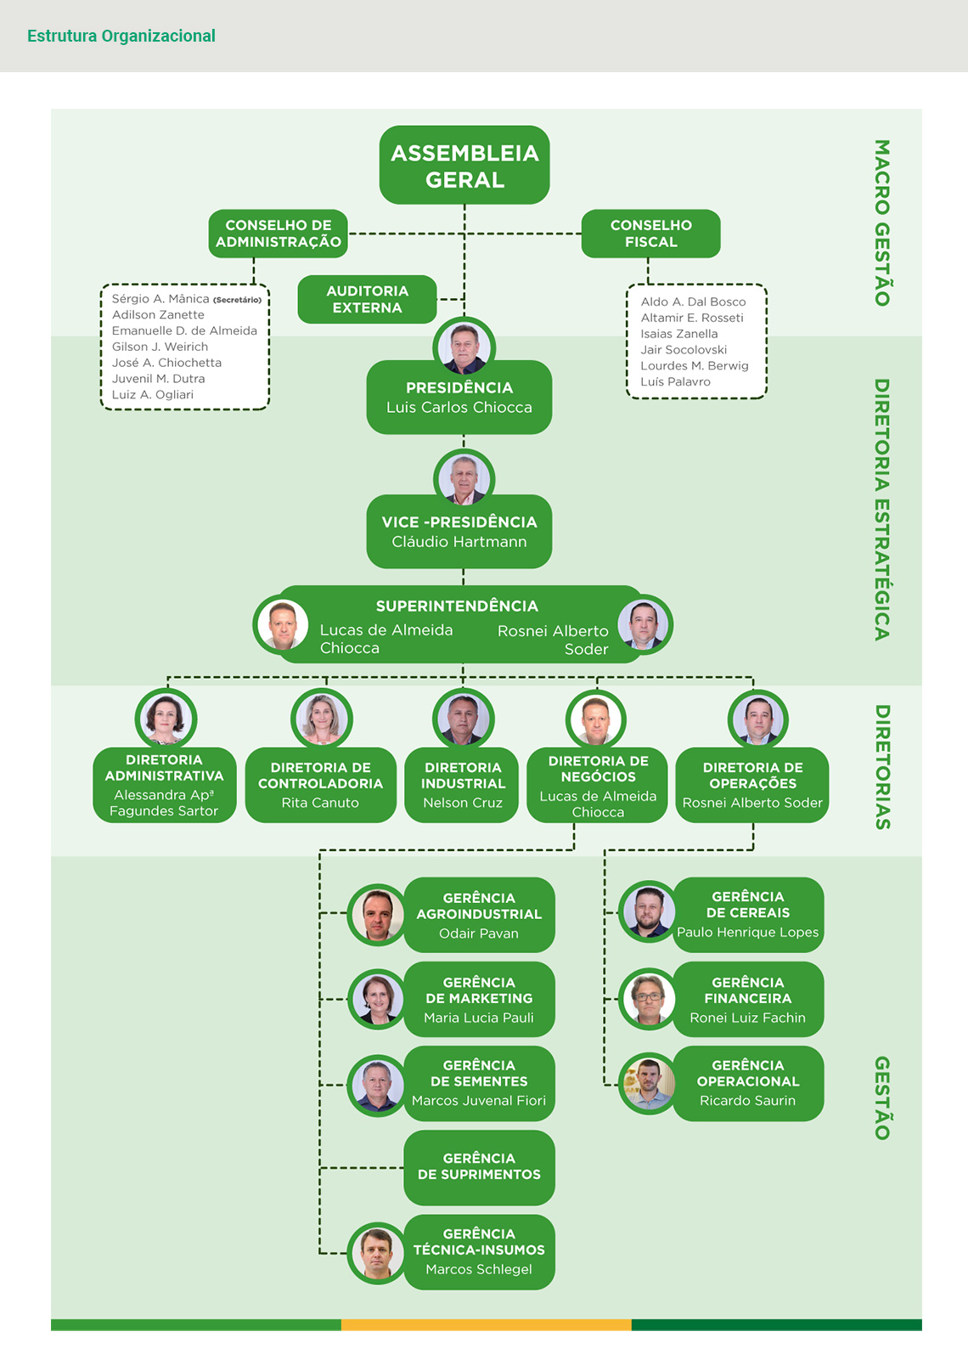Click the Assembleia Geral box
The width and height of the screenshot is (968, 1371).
click(x=464, y=166)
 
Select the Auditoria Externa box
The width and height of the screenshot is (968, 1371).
click(x=367, y=299)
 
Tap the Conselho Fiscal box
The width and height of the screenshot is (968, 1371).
click(x=650, y=234)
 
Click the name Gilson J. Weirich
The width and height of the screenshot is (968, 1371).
click(x=160, y=347)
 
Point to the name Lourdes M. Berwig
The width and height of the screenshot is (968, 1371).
click(x=695, y=365)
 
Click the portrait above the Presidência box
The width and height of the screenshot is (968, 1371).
click(x=464, y=347)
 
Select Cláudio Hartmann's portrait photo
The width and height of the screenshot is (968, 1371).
click(x=464, y=479)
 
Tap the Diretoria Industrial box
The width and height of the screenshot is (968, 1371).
click(x=463, y=785)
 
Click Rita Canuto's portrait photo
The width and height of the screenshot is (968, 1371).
click(x=321, y=719)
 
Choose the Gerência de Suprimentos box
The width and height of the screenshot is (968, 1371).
click(x=479, y=1167)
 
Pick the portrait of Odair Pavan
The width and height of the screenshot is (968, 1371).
click(x=377, y=915)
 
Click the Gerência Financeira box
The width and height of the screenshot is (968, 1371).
click(x=748, y=999)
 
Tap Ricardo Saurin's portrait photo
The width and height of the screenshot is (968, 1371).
click(x=648, y=1084)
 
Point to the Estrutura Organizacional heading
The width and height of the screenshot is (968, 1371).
click(x=121, y=36)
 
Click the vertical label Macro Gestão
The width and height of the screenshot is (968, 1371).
click(x=882, y=223)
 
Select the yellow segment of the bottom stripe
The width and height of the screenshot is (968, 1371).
click(x=486, y=1324)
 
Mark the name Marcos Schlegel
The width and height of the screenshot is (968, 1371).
click(x=479, y=1269)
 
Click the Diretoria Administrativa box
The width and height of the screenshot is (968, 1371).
click(x=164, y=785)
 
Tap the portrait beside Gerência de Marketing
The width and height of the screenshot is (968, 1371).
click(x=377, y=999)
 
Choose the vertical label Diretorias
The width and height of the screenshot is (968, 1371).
click(x=882, y=767)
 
